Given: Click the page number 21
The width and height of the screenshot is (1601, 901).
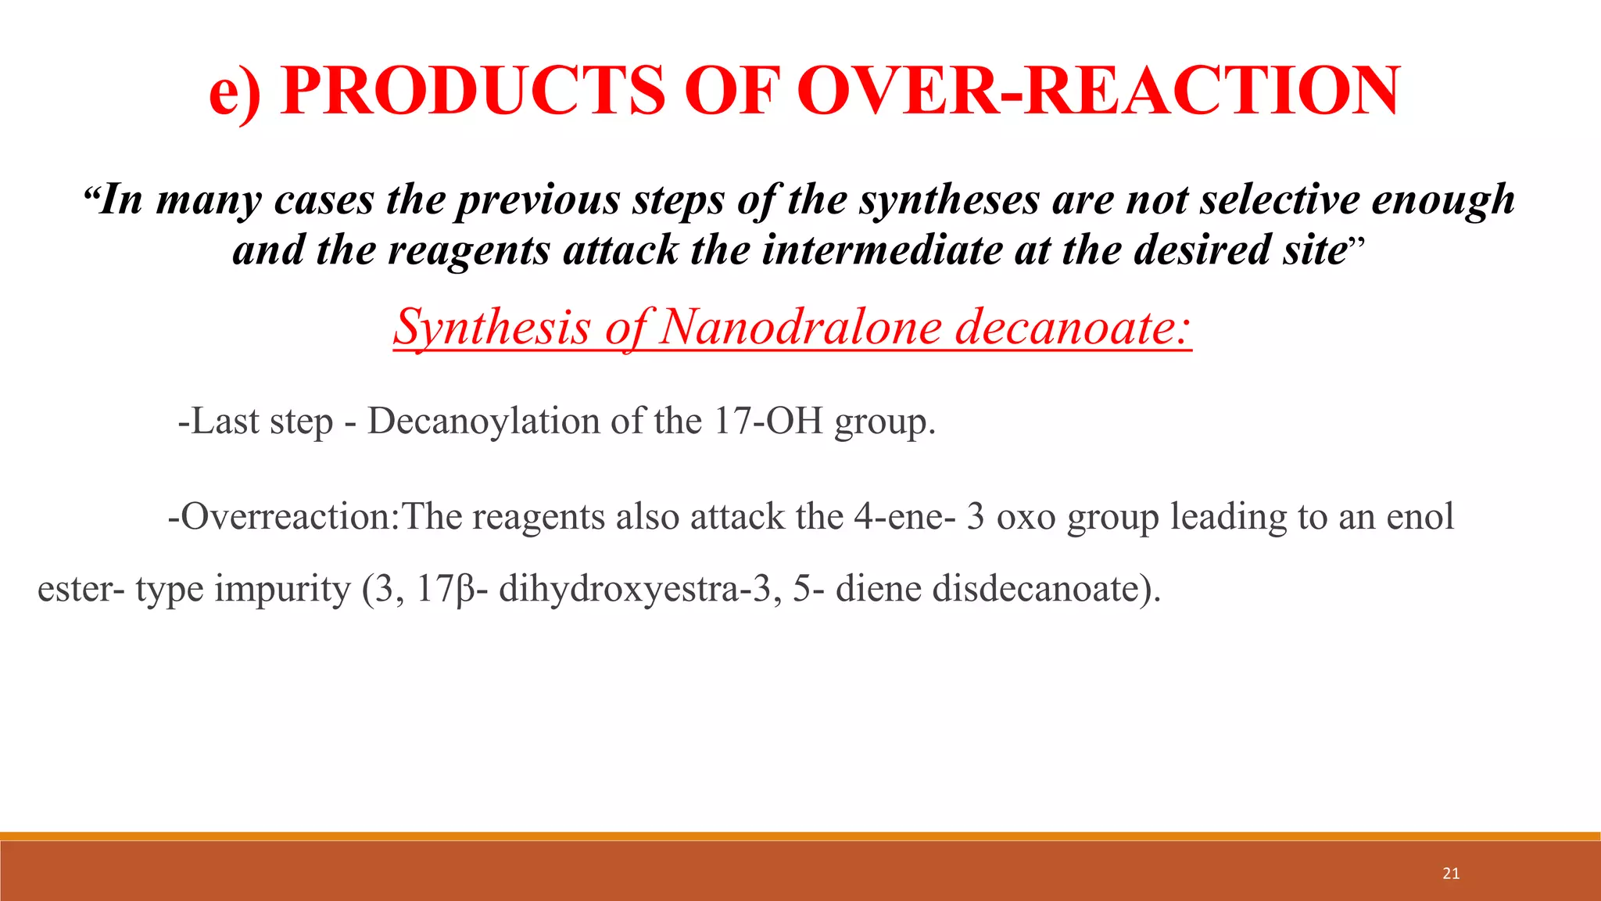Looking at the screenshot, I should pos(1451,874).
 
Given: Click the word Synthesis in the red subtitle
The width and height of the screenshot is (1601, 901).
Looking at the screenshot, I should pos(492,326).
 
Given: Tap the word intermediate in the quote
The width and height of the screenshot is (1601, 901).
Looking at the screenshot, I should pos(882,250).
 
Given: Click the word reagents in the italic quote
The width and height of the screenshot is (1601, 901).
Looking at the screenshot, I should pos(469,250).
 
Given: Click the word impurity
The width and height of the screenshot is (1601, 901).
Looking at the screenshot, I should pos(283,589).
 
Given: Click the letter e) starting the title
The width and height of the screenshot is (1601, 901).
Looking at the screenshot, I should pos(235,92).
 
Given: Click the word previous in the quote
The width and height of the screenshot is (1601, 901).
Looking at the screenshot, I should pos(539,199).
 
